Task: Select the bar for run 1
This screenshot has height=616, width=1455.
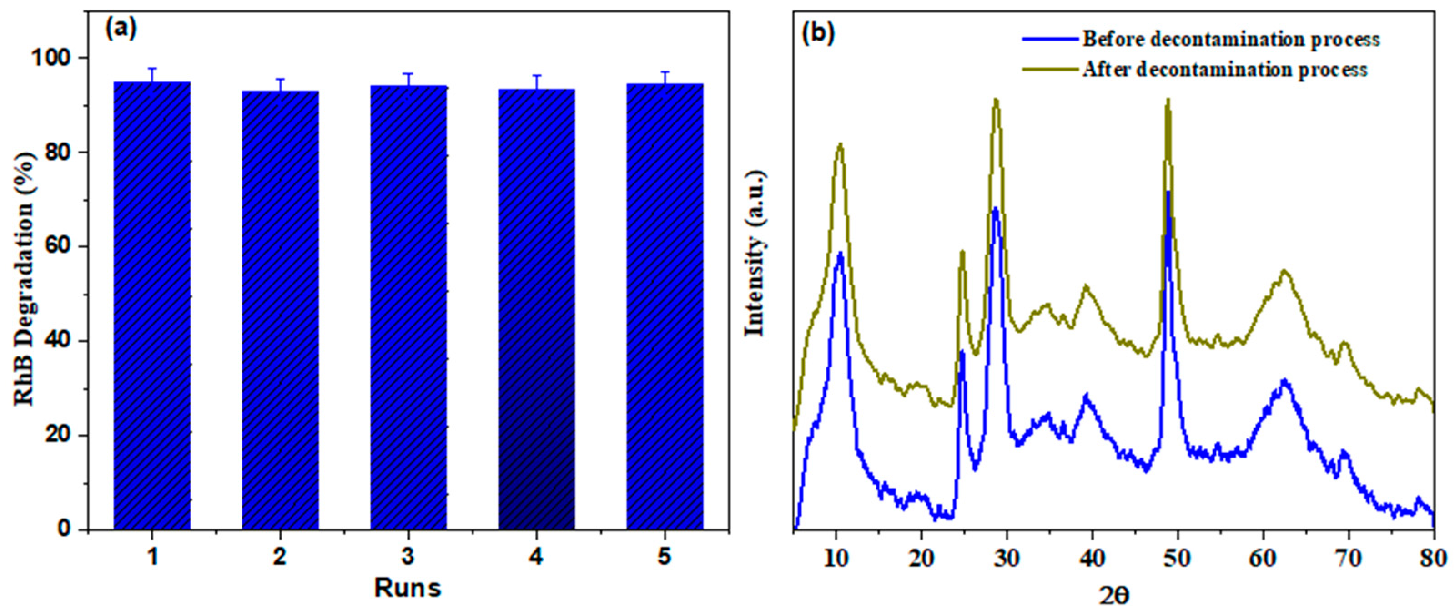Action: click(152, 305)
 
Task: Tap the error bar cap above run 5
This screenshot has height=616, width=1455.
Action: click(665, 72)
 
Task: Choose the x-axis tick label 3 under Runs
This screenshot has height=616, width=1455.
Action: click(408, 557)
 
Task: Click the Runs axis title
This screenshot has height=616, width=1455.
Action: click(408, 588)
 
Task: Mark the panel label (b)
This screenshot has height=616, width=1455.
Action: click(818, 35)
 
